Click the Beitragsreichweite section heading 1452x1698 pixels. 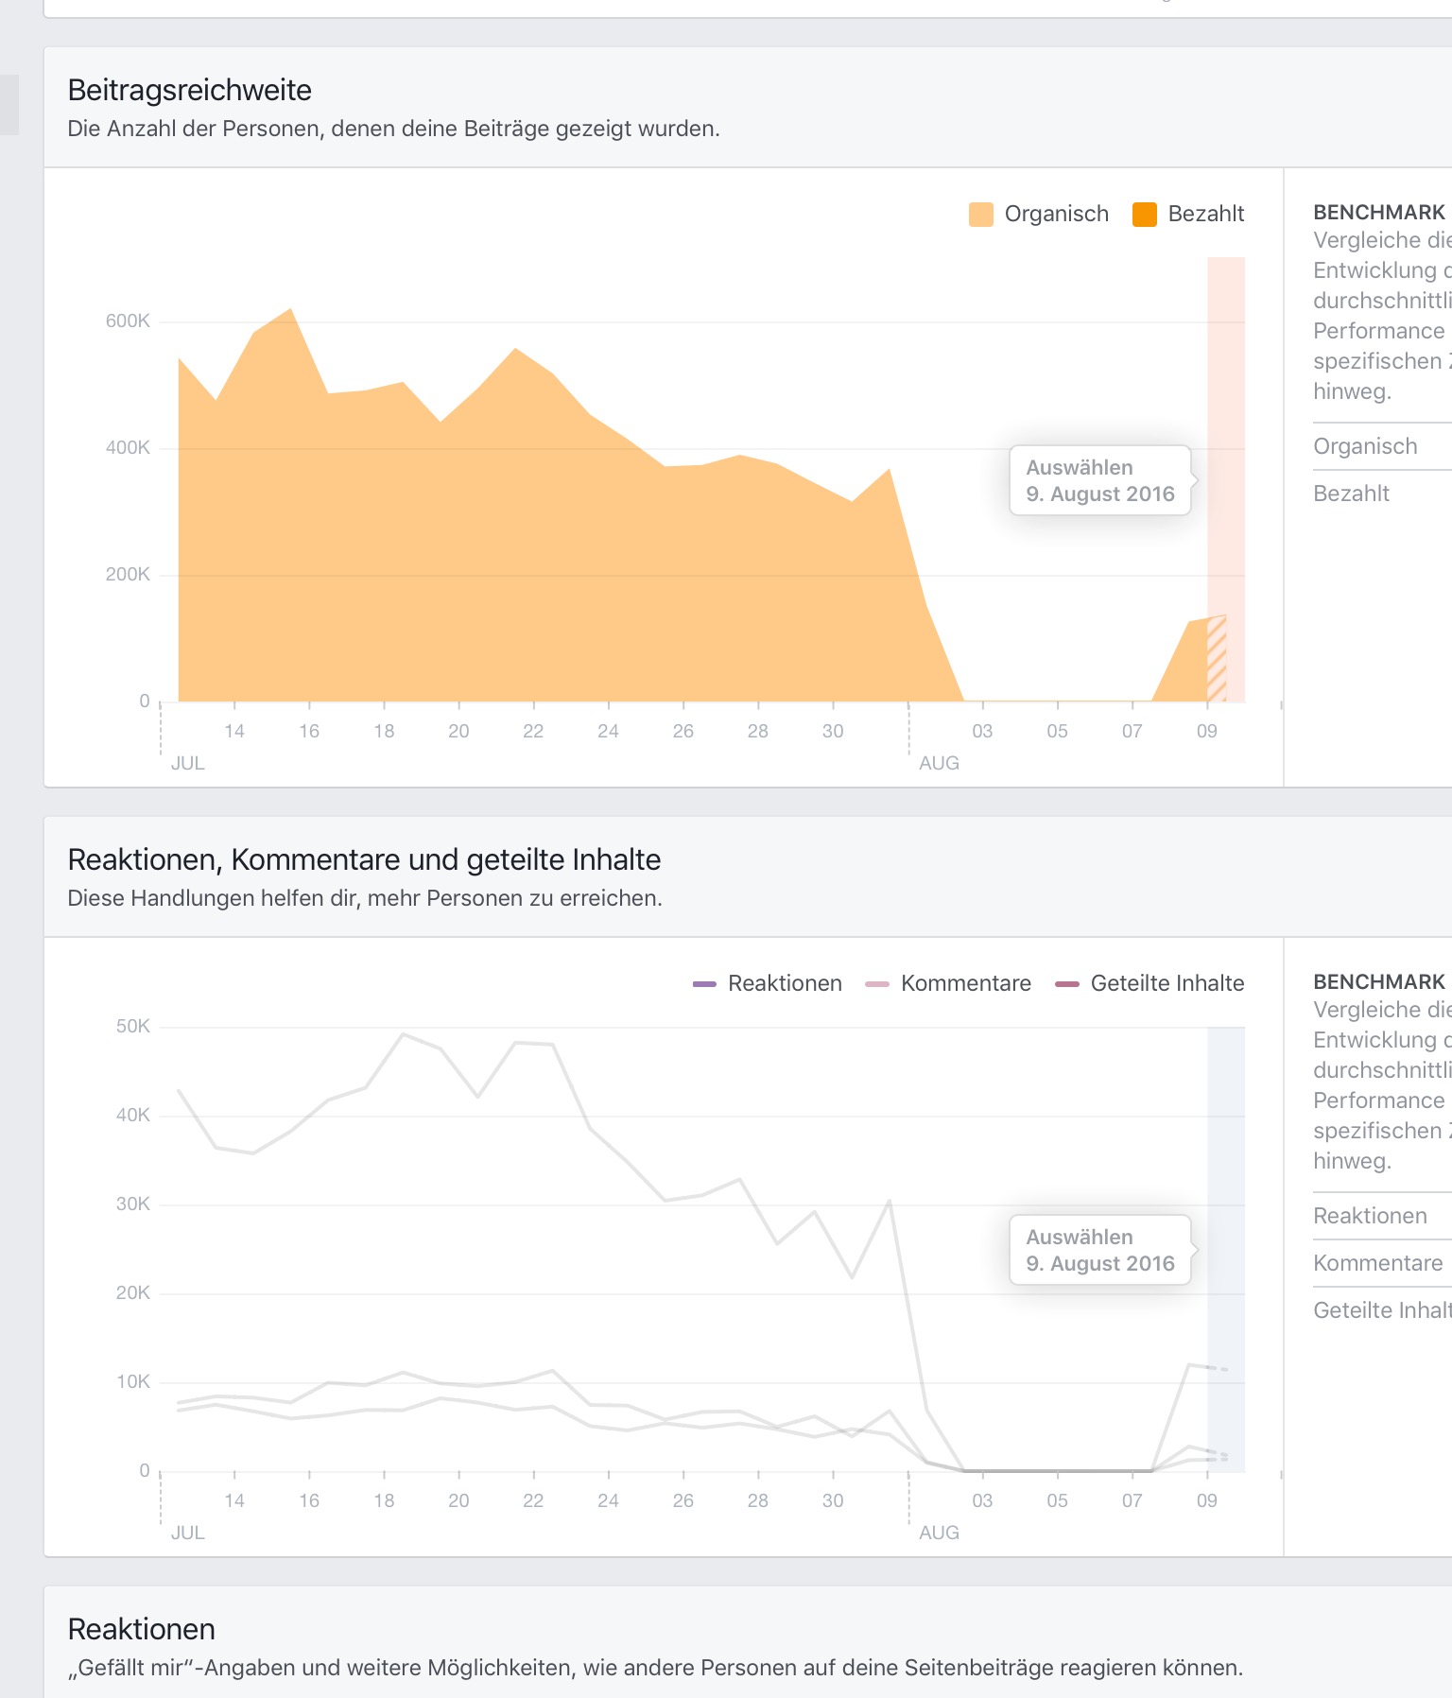click(189, 90)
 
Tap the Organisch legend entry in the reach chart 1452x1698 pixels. click(1040, 214)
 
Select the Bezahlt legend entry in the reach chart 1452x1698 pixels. click(1189, 214)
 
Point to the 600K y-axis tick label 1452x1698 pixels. click(128, 321)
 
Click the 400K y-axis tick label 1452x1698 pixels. click(128, 448)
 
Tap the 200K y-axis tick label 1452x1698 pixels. click(128, 575)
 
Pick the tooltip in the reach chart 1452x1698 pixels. click(1099, 480)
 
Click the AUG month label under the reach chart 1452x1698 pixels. click(939, 763)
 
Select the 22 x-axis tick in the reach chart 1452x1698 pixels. click(533, 731)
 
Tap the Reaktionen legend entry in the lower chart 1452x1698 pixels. click(768, 983)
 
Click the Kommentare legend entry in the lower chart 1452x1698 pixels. click(948, 983)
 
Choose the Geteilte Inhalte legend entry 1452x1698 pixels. click(1149, 983)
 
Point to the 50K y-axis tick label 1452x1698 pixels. click(132, 1027)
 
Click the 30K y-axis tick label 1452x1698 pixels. click(132, 1204)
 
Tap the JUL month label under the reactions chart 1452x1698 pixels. click(187, 1533)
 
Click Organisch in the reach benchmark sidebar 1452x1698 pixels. click(1365, 446)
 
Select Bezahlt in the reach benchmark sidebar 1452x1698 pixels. click(1351, 494)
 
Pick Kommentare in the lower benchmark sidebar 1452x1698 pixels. click(1377, 1263)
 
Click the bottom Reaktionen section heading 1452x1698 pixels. click(142, 1629)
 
